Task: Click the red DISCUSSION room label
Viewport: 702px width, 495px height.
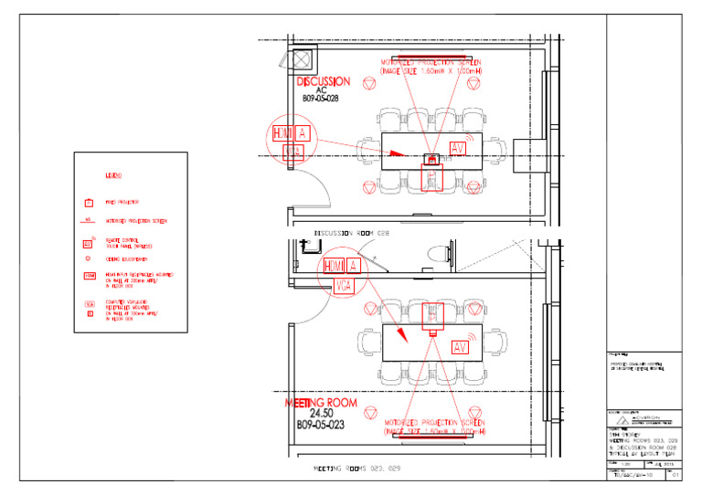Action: (322, 81)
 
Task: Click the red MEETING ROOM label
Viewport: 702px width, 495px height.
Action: (320, 403)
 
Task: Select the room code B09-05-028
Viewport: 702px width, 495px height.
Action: (321, 99)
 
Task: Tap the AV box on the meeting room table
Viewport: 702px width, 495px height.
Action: (460, 347)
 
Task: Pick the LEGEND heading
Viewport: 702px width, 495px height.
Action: (114, 175)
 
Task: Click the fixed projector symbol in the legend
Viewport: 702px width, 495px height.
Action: (89, 202)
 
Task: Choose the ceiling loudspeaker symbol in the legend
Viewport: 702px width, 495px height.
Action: (89, 259)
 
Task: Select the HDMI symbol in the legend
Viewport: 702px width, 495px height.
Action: (90, 276)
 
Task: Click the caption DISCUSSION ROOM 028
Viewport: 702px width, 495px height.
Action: (352, 233)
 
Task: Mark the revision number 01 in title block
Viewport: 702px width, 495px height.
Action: (675, 476)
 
